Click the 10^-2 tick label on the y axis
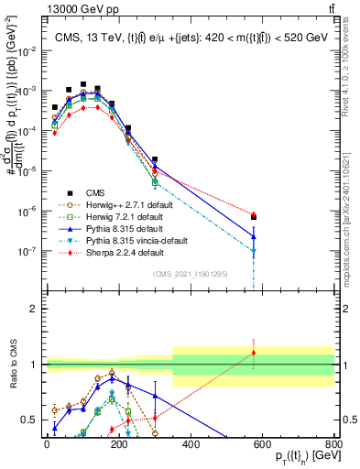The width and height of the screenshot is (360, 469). click(x=26, y=51)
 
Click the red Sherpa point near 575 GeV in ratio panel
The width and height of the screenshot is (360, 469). click(x=254, y=353)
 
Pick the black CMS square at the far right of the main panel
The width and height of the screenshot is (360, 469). click(x=254, y=217)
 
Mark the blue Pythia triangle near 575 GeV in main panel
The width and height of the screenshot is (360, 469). click(x=254, y=236)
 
